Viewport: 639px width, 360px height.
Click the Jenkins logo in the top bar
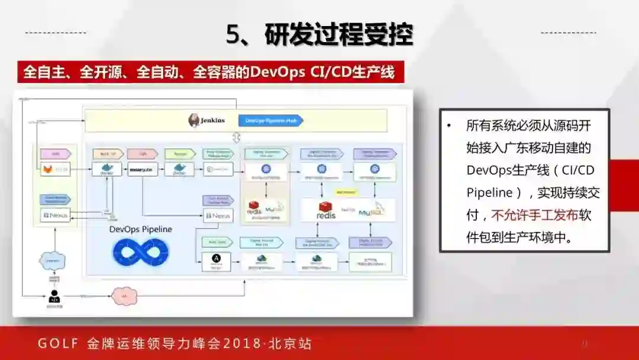tap(194, 120)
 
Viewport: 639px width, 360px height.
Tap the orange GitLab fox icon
tap(46, 170)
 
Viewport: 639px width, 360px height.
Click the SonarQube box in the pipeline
tap(142, 170)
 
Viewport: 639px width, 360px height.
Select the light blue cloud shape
tap(53, 261)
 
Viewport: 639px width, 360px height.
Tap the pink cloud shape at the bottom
tap(124, 296)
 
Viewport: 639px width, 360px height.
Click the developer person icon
tap(54, 296)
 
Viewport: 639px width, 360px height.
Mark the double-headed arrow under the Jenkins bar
tap(237, 137)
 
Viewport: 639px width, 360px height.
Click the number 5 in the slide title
tap(234, 35)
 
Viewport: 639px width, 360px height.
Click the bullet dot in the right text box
tap(450, 126)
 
